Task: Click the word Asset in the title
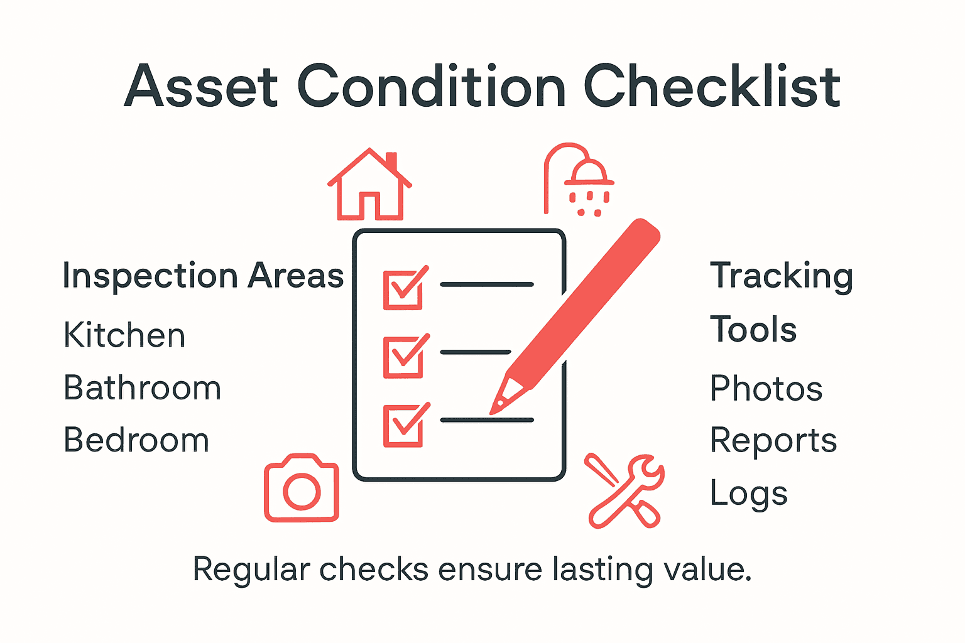pos(201,87)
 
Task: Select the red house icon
pos(369,185)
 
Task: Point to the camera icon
pos(302,489)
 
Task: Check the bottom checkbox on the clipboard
pos(403,425)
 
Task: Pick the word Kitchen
pos(124,335)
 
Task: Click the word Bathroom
pos(143,388)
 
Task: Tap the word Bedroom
pos(136,440)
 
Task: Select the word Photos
pos(766,389)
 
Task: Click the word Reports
pos(773,441)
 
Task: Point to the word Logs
pos(748,494)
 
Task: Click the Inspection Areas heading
pos(203,276)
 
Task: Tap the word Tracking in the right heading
pos(782,276)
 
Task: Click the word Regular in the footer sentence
pos(251,570)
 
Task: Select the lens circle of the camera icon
pos(302,490)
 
